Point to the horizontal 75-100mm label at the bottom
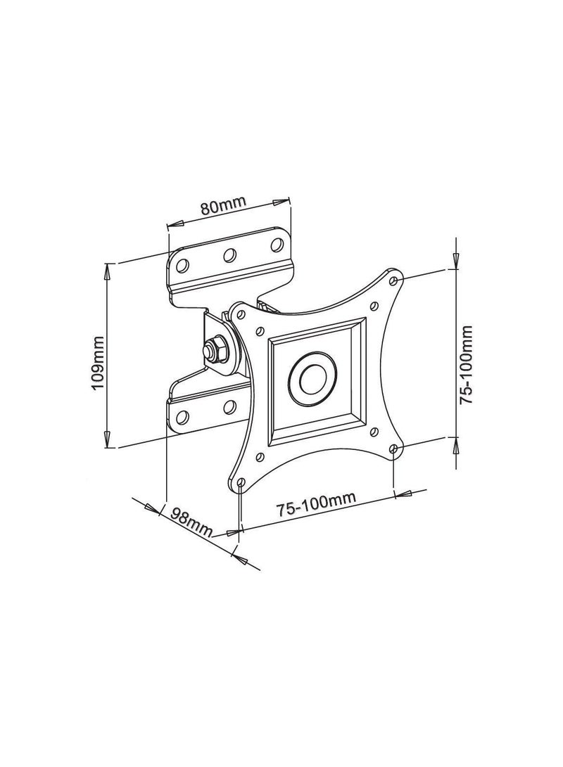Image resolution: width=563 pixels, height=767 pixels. click(x=315, y=505)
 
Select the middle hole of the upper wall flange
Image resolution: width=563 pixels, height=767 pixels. click(x=229, y=254)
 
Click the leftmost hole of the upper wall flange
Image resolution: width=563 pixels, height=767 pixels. click(x=182, y=265)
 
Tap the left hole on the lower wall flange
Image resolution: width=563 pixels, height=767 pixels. click(x=182, y=416)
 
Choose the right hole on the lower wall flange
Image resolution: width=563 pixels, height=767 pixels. click(x=229, y=406)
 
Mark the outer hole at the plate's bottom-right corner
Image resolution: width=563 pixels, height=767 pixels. click(x=393, y=448)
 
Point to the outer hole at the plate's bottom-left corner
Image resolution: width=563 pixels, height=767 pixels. click(x=240, y=483)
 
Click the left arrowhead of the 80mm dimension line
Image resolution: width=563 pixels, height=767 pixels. click(x=173, y=224)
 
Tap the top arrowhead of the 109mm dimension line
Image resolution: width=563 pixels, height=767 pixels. click(x=107, y=271)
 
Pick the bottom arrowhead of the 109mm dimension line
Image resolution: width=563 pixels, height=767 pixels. click(x=107, y=440)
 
